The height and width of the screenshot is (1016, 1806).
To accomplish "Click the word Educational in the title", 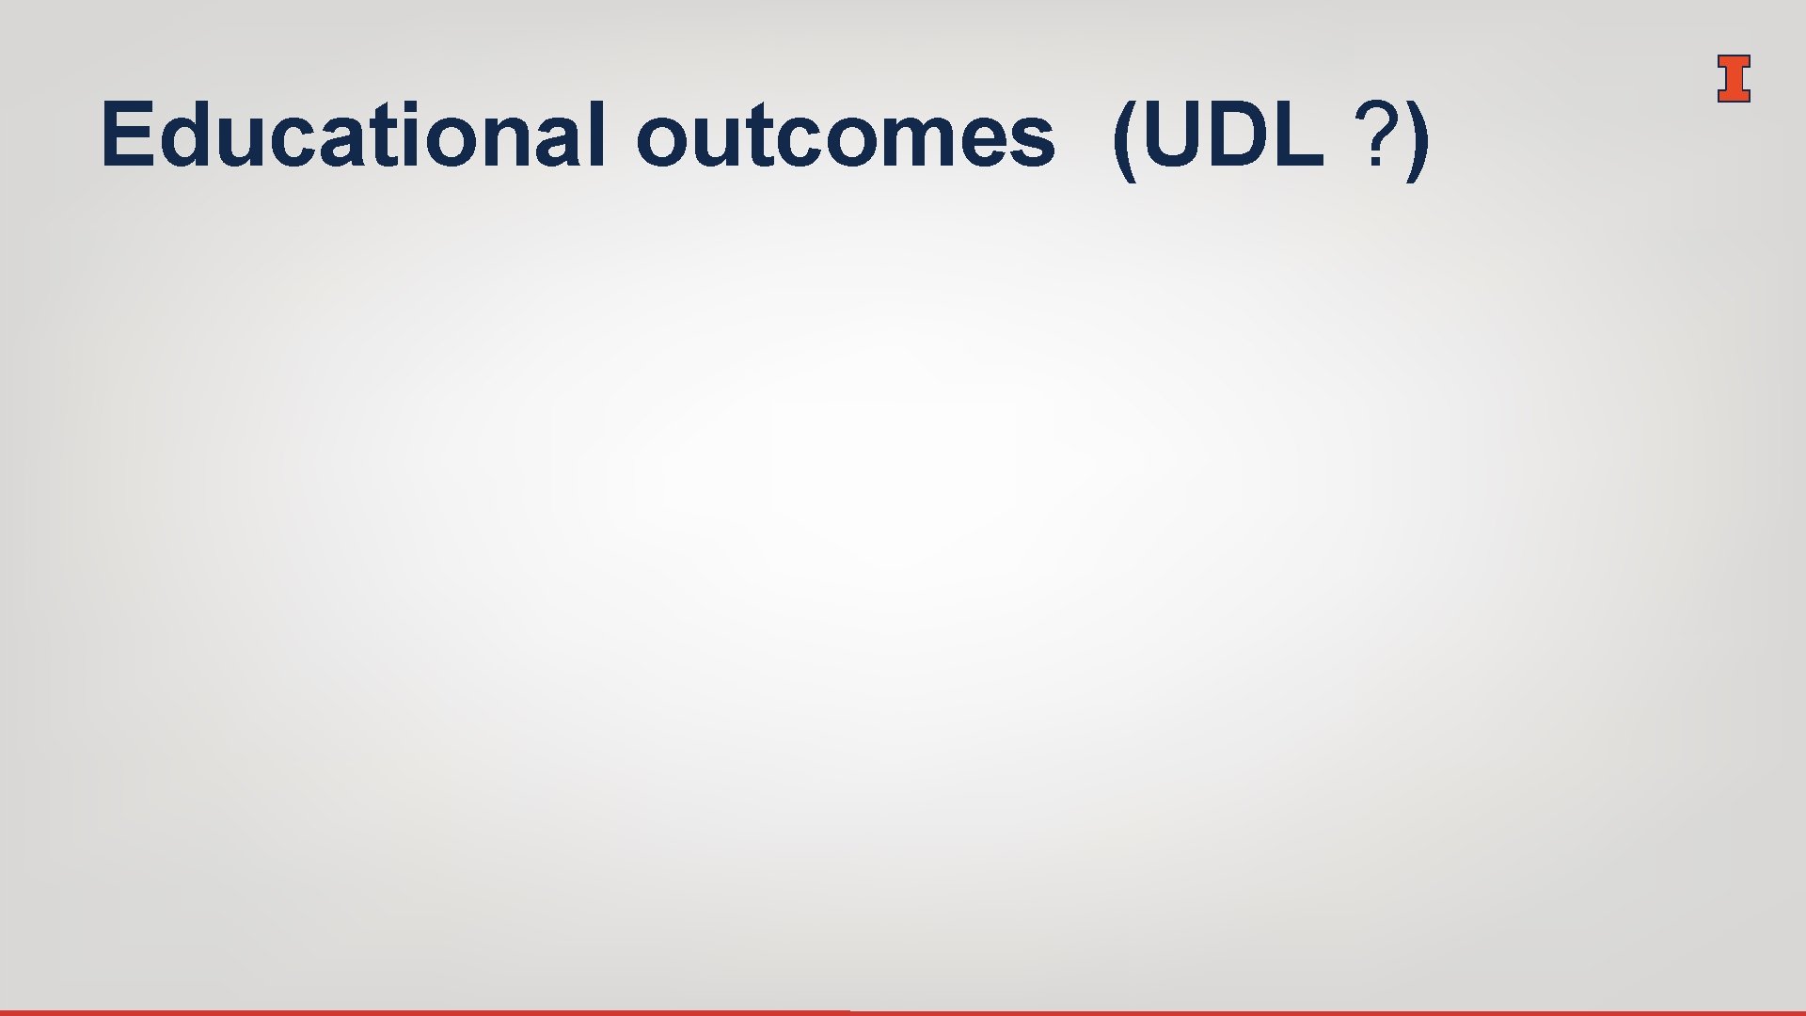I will coord(353,135).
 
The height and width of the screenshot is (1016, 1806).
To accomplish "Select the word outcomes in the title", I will coord(846,137).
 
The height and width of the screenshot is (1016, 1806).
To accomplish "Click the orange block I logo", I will coord(1733,79).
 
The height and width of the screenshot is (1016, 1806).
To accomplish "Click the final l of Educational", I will coord(595,135).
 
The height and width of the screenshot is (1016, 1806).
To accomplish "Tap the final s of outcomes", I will coord(1033,141).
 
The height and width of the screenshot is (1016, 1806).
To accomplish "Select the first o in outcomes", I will coord(663,141).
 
